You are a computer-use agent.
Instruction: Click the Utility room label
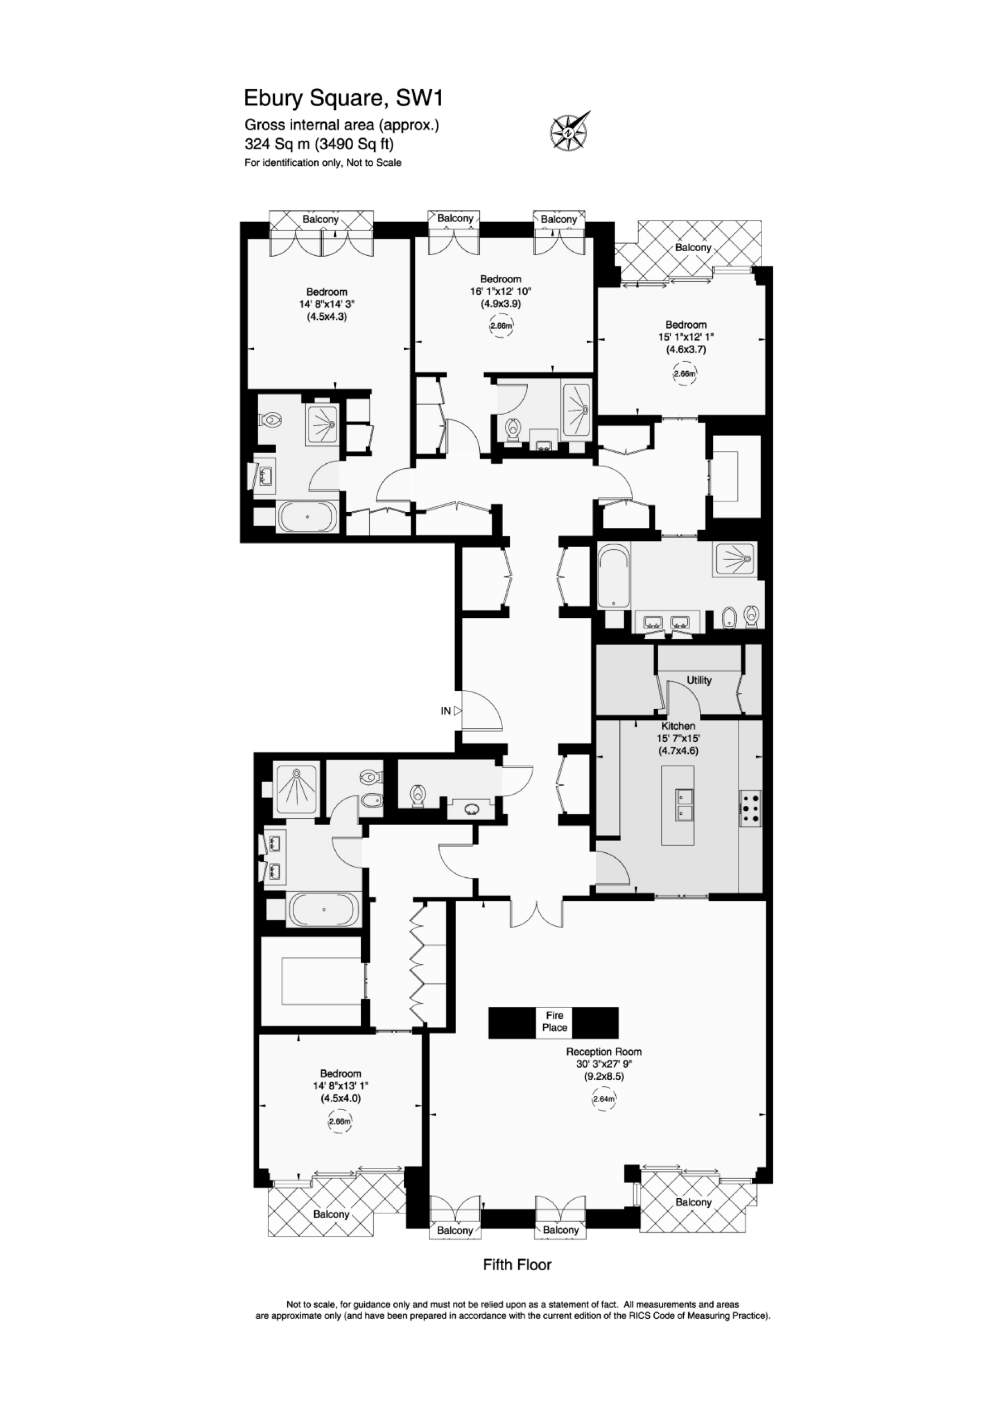click(699, 680)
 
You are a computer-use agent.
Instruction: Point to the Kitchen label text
click(678, 726)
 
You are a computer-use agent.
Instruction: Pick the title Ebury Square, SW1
click(344, 98)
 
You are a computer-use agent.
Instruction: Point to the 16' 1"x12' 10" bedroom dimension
click(501, 292)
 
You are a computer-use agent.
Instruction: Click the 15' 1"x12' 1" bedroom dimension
click(686, 337)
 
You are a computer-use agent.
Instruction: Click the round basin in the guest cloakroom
click(472, 808)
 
